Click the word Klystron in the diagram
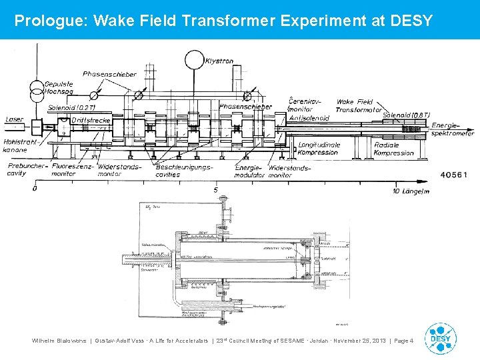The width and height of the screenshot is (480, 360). click(220, 61)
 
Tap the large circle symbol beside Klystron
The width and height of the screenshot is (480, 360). click(195, 59)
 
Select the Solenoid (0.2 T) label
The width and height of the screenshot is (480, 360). click(71, 107)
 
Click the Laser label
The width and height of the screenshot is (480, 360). click(14, 120)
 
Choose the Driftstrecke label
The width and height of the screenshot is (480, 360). click(90, 120)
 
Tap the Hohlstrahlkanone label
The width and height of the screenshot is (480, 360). click(19, 146)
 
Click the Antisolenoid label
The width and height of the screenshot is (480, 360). click(309, 118)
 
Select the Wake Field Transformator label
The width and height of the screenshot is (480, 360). click(359, 106)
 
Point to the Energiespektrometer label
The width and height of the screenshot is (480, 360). click(453, 129)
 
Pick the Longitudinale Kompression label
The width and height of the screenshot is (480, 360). click(319, 148)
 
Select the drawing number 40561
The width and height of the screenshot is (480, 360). click(455, 175)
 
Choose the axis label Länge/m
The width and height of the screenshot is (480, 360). click(415, 191)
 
